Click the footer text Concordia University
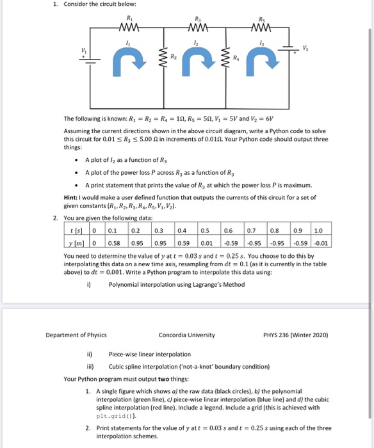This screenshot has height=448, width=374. [x=186, y=335]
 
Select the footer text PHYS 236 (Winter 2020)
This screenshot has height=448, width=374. [x=295, y=335]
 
